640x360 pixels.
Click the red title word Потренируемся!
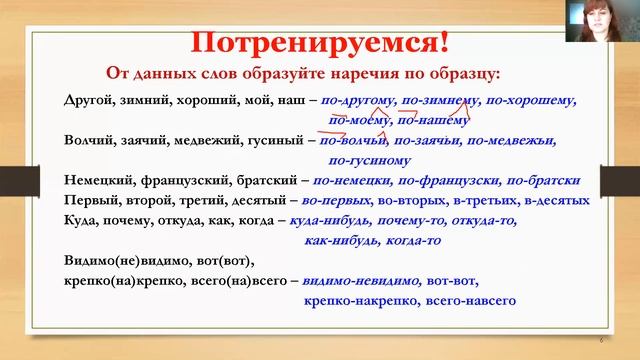coord(319,44)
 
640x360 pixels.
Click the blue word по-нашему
coord(433,120)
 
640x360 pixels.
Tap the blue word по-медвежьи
coord(512,141)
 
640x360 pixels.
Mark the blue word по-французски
coord(449,181)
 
